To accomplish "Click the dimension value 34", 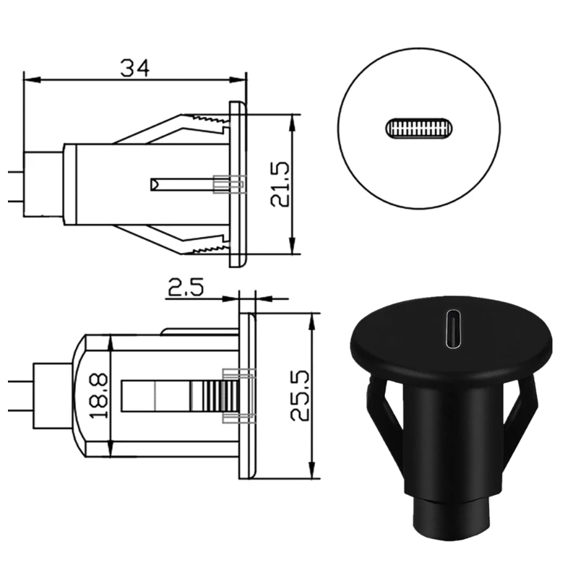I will pyautogui.click(x=134, y=67).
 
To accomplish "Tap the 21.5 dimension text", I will pyautogui.click(x=280, y=185).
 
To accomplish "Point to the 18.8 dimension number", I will pyautogui.click(x=99, y=395).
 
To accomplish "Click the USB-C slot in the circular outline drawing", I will pyautogui.click(x=420, y=129).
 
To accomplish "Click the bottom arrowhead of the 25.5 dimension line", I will pyautogui.click(x=311, y=473).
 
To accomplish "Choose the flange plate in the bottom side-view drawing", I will pyautogui.click(x=247, y=395).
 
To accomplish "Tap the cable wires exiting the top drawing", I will pyautogui.click(x=16, y=184).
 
